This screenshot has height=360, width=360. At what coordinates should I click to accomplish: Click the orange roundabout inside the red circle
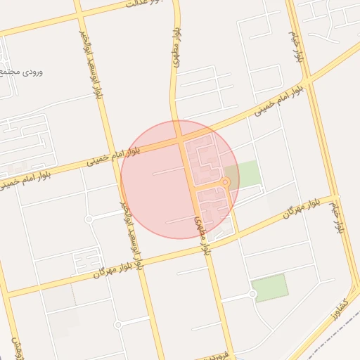(x=225, y=184)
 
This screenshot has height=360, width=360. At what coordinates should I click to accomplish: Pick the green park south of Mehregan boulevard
(x=270, y=288)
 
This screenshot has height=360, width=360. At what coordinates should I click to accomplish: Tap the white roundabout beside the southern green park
(x=252, y=295)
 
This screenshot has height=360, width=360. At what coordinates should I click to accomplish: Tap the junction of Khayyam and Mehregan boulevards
(x=332, y=198)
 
